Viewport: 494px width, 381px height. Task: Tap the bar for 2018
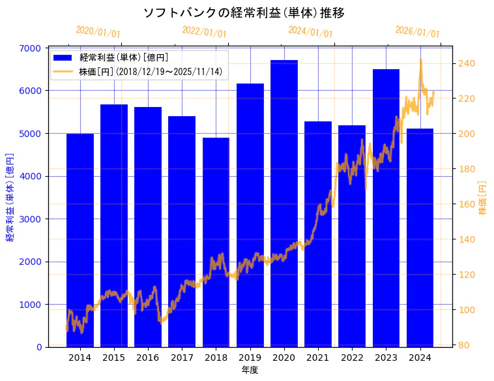(216, 242)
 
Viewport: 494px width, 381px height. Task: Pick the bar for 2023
(386, 208)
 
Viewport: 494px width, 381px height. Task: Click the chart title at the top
(244, 13)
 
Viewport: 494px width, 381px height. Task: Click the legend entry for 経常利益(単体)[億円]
(124, 58)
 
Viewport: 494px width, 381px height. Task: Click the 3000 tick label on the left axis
(31, 219)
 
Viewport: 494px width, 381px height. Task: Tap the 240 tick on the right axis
(467, 63)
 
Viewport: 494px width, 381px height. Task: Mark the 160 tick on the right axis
(467, 204)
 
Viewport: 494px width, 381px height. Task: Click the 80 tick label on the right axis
(464, 345)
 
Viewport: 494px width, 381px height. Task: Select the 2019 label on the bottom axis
(250, 358)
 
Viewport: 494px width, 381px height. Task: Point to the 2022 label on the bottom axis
(352, 358)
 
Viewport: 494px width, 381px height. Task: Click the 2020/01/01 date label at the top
(98, 32)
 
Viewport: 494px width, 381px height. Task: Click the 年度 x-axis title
(250, 370)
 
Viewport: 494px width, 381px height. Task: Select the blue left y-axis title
(10, 197)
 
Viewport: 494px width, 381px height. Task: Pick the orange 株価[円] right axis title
(483, 197)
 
